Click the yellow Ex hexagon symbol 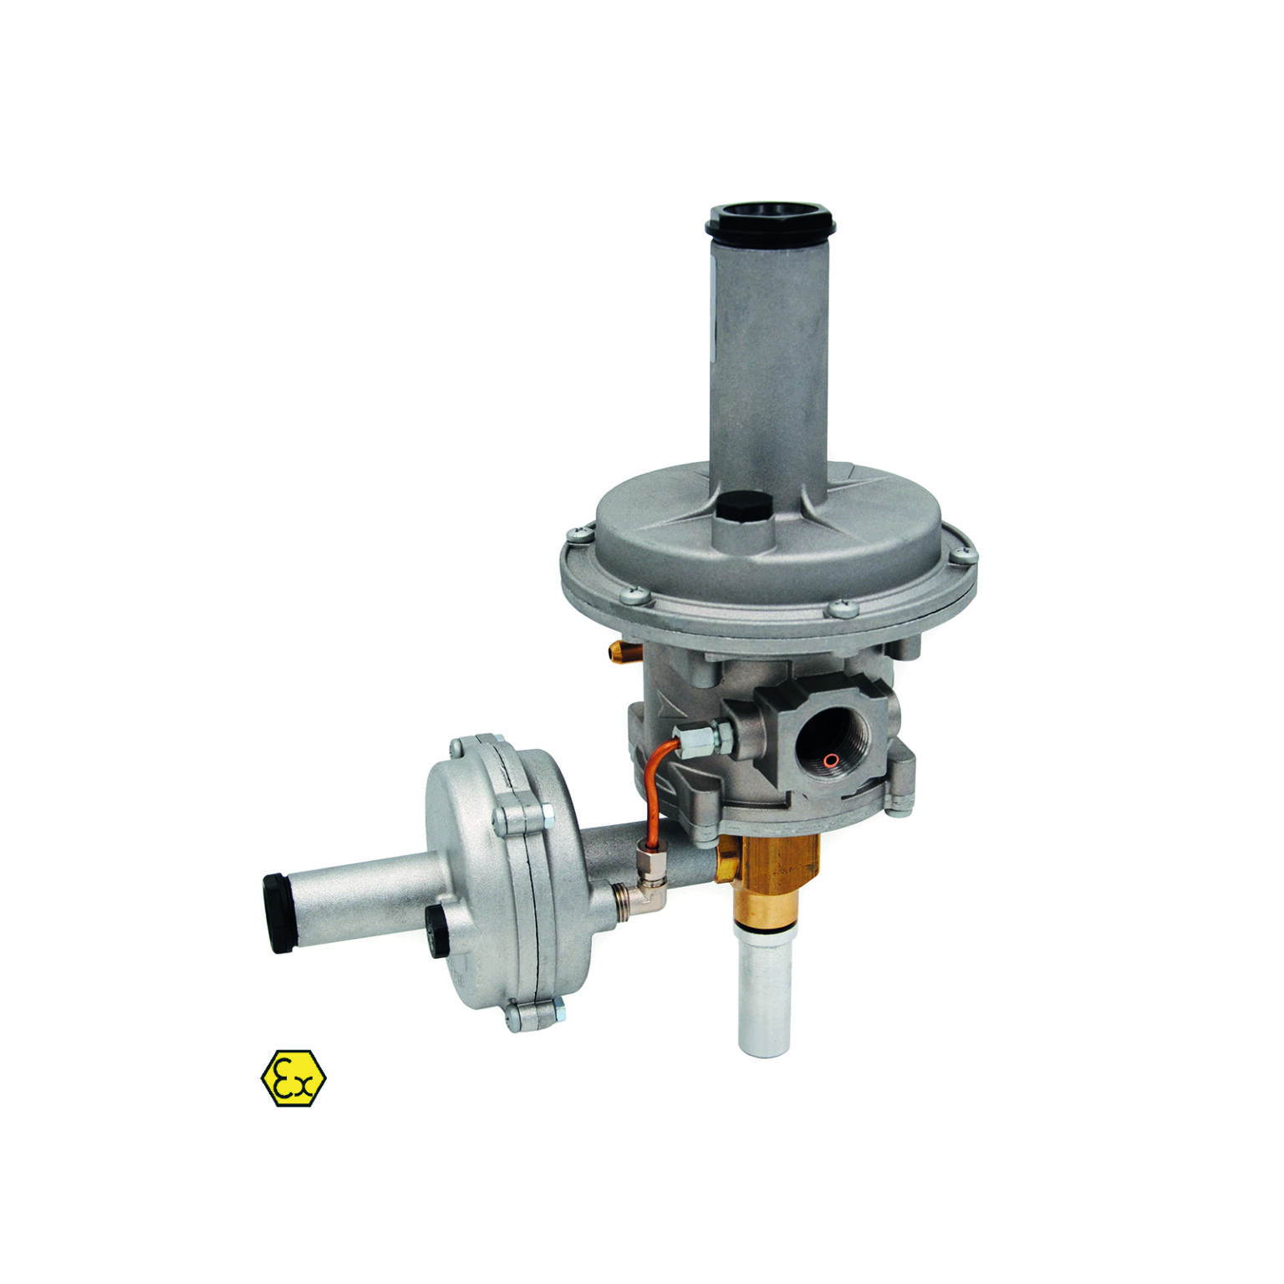pyautogui.click(x=293, y=1078)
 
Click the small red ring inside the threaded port pyautogui.click(x=830, y=759)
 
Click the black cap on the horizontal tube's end pyautogui.click(x=278, y=913)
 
